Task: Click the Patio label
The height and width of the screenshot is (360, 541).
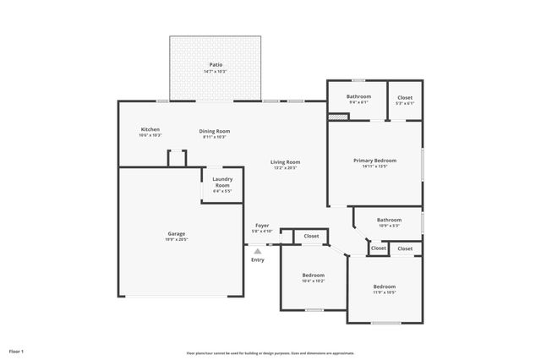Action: pyautogui.click(x=217, y=64)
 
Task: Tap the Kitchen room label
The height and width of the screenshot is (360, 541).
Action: pyautogui.click(x=150, y=129)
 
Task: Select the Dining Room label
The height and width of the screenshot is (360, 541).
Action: pyautogui.click(x=215, y=131)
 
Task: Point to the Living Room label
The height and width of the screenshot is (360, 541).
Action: pyautogui.click(x=285, y=161)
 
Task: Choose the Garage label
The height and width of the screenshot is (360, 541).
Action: pyautogui.click(x=176, y=233)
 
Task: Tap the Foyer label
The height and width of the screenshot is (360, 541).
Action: pyautogui.click(x=262, y=226)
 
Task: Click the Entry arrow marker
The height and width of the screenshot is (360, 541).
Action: pyautogui.click(x=258, y=250)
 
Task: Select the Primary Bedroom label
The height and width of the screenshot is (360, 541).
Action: pyautogui.click(x=374, y=160)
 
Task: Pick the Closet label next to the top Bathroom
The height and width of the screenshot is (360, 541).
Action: pyautogui.click(x=405, y=96)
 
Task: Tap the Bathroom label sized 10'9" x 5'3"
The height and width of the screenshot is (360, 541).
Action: pyautogui.click(x=389, y=220)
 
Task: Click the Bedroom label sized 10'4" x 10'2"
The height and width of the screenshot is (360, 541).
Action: pyautogui.click(x=313, y=275)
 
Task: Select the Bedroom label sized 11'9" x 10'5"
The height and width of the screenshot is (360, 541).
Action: pyautogui.click(x=385, y=286)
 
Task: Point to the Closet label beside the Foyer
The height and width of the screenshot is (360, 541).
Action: pyautogui.click(x=311, y=236)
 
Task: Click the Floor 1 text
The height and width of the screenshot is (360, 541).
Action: pyautogui.click(x=17, y=350)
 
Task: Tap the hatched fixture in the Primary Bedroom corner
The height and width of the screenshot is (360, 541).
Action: pyautogui.click(x=338, y=117)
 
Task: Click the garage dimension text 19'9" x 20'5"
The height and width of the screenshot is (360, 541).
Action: pyautogui.click(x=176, y=240)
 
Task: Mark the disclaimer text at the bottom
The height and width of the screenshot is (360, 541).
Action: pyautogui.click(x=270, y=353)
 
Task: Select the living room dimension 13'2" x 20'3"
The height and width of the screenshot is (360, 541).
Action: pyautogui.click(x=285, y=168)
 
